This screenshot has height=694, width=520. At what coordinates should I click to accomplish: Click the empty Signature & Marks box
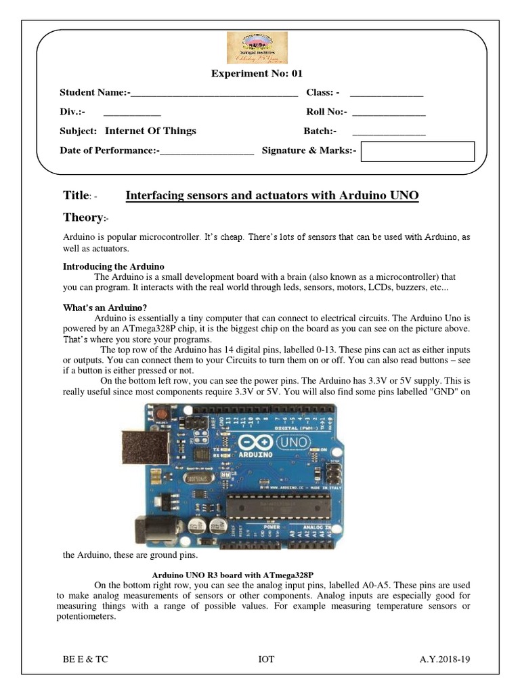pos(417,152)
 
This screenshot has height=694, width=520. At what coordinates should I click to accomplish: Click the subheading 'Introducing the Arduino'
pos(114,266)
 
